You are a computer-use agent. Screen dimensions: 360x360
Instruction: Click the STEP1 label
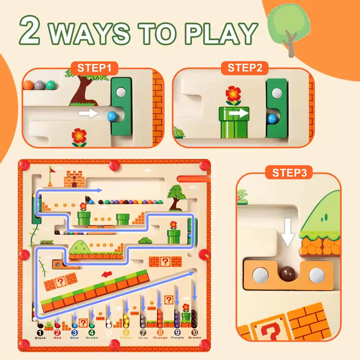pyautogui.click(x=94, y=68)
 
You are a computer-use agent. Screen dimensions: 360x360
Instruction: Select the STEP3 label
pyautogui.click(x=289, y=173)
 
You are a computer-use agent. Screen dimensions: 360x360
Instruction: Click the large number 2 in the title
pyautogui.click(x=31, y=32)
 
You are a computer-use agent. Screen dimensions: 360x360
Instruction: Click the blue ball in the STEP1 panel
pyautogui.click(x=112, y=116)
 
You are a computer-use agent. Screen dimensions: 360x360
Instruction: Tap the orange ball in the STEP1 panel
pyautogui.click(x=28, y=85)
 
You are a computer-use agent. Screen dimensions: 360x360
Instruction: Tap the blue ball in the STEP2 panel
pyautogui.click(x=272, y=119)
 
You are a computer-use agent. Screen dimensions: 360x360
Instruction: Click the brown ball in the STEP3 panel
pyautogui.click(x=288, y=273)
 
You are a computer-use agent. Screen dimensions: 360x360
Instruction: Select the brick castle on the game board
pyautogui.click(x=74, y=179)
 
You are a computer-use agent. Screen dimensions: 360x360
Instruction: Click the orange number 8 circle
pyautogui.click(x=160, y=332)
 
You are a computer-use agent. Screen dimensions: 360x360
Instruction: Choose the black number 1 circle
pyautogui.click(x=40, y=332)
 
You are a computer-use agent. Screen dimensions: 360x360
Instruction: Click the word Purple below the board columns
pyautogui.click(x=177, y=338)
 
